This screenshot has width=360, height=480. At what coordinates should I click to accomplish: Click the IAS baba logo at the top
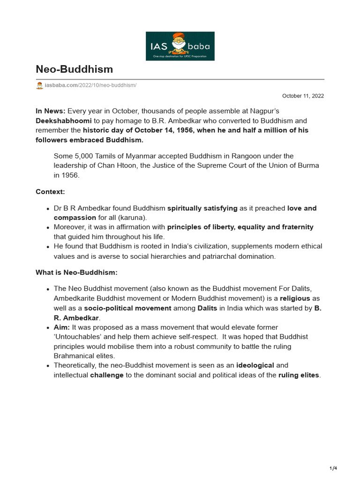[180, 46]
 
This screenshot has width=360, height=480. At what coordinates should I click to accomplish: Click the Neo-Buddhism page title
[74, 69]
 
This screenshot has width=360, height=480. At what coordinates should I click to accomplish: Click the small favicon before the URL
[39, 85]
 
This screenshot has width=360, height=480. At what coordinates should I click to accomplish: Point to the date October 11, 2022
[303, 96]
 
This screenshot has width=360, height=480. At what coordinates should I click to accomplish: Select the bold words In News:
[51, 111]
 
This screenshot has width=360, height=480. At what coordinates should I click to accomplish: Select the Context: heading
[50, 192]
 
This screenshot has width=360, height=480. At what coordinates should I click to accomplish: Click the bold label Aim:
[62, 327]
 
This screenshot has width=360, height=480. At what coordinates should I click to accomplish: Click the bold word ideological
[255, 365]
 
